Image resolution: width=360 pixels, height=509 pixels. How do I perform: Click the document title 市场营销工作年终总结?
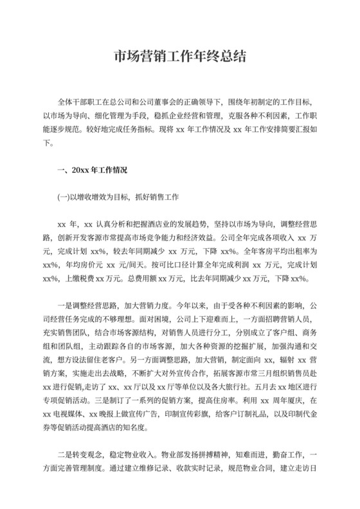tap(179, 57)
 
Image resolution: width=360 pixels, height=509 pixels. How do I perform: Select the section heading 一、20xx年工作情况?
tap(93, 170)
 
